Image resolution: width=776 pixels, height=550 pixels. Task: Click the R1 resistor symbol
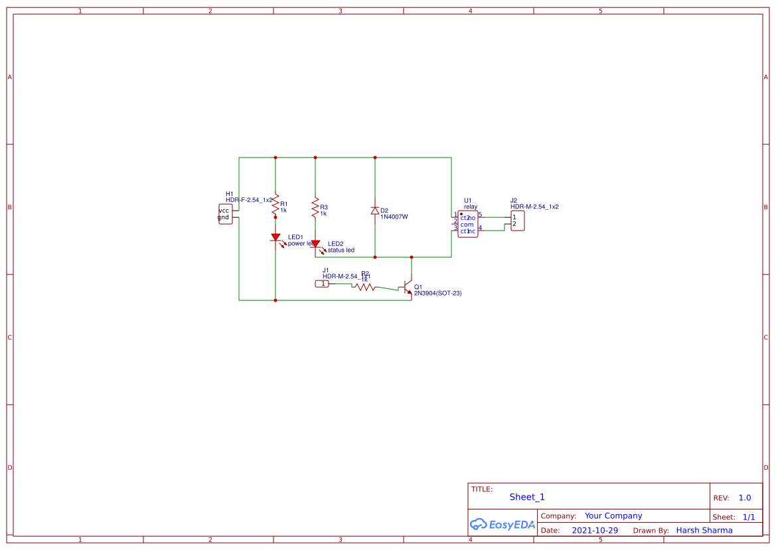pos(275,207)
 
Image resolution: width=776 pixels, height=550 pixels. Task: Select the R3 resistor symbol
pos(315,208)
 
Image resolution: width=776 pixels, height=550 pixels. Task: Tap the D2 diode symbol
pos(375,211)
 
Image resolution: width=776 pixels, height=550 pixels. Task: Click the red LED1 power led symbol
pos(275,237)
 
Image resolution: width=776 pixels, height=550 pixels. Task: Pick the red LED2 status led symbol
pos(315,245)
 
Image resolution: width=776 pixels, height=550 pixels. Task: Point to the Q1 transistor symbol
pos(408,287)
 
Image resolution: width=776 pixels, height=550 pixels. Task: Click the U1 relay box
pos(467,224)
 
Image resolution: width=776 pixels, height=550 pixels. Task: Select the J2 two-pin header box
pos(517,221)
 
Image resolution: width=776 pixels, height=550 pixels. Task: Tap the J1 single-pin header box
pos(322,284)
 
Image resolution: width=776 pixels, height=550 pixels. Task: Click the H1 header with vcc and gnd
pos(225,214)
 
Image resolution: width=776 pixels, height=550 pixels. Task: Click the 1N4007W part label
pos(394,217)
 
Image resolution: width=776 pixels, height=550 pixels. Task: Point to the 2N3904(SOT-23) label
pos(437,293)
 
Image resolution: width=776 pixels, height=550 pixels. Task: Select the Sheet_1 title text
pos(527,497)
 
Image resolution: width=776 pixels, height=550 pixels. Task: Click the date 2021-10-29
pos(595,530)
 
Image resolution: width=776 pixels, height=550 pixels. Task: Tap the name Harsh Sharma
pos(704,530)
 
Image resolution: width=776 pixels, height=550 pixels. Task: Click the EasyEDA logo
pos(503,524)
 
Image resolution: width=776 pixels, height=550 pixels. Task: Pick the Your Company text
pos(613,515)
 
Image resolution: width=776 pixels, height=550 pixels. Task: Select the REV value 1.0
pos(744,498)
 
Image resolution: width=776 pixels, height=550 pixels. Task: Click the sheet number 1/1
pos(748,516)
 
